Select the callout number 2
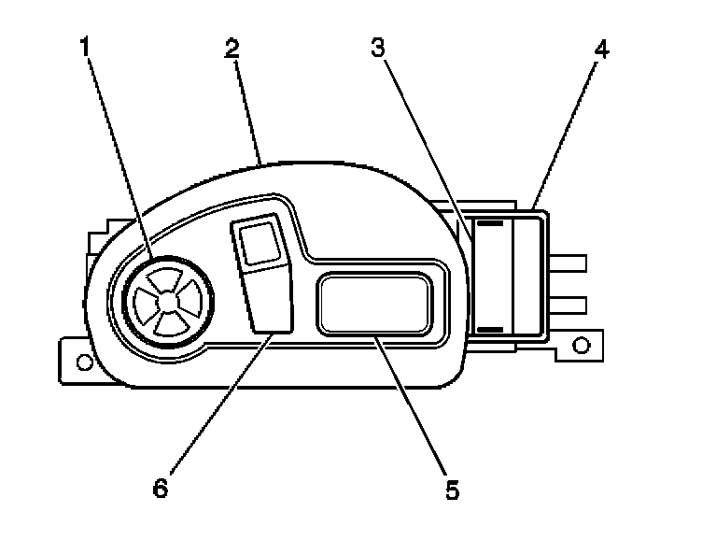pyautogui.click(x=231, y=49)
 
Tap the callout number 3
pyautogui.click(x=378, y=49)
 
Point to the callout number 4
pyautogui.click(x=601, y=49)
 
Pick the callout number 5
pyautogui.click(x=452, y=489)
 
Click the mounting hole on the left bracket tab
pyautogui.click(x=83, y=360)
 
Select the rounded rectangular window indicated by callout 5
pyautogui.click(x=375, y=302)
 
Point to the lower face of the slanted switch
pyautogui.click(x=271, y=299)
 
